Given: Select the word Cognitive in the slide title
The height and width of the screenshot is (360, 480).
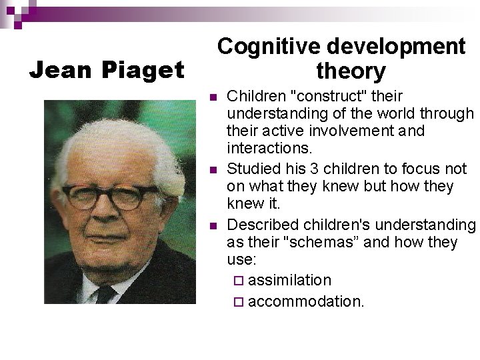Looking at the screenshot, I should (x=269, y=46).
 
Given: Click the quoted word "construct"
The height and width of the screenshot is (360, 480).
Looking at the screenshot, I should (x=315, y=97).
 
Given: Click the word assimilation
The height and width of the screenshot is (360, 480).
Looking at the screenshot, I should (x=289, y=279).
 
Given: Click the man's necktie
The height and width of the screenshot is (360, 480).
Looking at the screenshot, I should (x=105, y=293).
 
